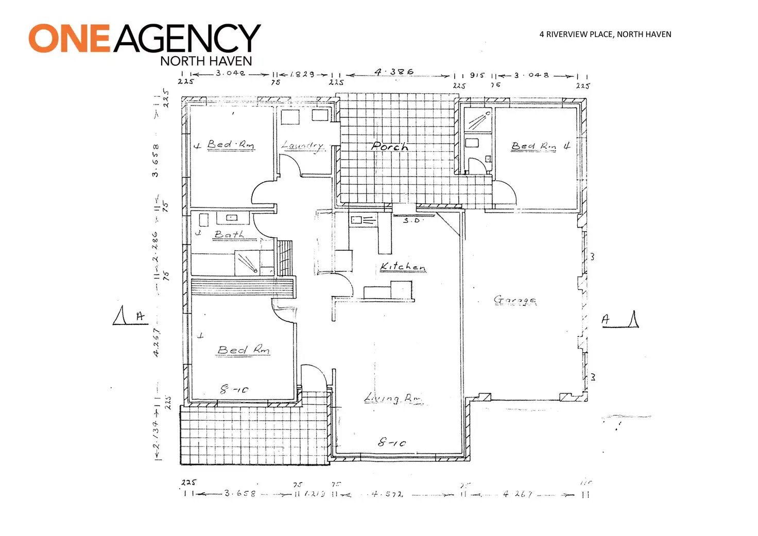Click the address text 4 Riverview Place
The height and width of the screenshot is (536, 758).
(x=577, y=34)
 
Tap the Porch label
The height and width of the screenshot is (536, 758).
(x=390, y=147)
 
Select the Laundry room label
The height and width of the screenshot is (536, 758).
(x=303, y=146)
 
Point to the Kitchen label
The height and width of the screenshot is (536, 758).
(x=403, y=267)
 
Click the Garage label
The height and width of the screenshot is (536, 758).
(x=514, y=300)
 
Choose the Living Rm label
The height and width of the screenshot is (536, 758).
(x=392, y=399)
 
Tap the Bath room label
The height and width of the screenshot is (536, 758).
(x=229, y=235)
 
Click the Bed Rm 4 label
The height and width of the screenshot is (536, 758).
(x=540, y=146)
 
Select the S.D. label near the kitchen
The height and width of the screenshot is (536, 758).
(x=411, y=220)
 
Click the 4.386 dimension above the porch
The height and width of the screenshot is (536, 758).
(x=394, y=72)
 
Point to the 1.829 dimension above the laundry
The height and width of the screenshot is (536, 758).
(x=302, y=74)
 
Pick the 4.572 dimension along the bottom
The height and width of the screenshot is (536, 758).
(x=387, y=494)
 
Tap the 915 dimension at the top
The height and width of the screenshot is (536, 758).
(x=477, y=75)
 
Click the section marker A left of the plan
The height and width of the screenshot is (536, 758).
(x=140, y=317)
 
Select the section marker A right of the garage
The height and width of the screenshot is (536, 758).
(x=606, y=320)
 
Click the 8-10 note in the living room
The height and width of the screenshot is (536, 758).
(x=392, y=442)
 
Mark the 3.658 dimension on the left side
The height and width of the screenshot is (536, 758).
(x=155, y=160)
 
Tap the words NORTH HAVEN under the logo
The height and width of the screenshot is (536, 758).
(x=206, y=61)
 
